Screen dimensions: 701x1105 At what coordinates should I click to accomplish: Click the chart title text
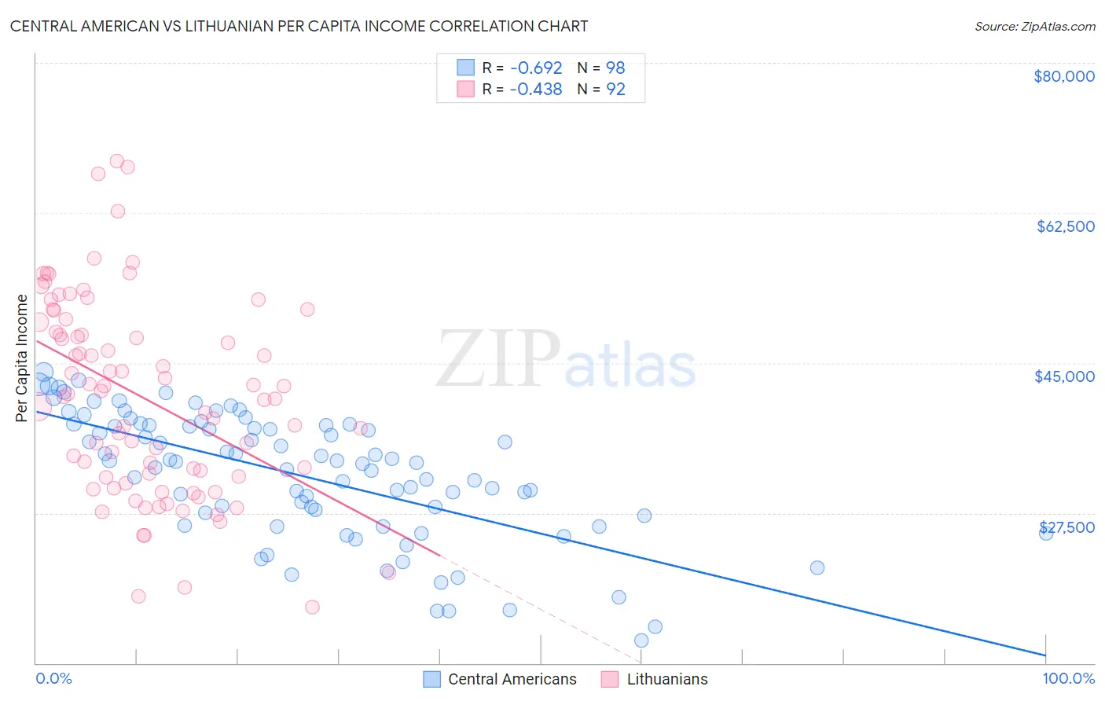[299, 26]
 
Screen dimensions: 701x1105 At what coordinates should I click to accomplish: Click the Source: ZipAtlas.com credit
[1034, 26]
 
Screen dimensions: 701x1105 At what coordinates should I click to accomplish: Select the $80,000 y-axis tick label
[1063, 76]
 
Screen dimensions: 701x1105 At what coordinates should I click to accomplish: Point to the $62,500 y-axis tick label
[1065, 226]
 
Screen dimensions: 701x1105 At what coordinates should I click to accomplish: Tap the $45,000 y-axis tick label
[1064, 376]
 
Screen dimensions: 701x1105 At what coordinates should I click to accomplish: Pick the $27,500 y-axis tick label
[1066, 527]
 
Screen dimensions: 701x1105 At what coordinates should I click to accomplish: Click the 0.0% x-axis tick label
[53, 678]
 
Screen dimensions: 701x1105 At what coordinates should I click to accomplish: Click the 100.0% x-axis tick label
[1068, 678]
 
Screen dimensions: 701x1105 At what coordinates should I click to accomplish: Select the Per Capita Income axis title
[22, 358]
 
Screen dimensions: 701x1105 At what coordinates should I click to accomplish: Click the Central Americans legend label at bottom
[512, 679]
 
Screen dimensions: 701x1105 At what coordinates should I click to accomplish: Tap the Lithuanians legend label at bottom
[666, 679]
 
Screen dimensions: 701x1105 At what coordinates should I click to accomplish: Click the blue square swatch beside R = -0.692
[466, 68]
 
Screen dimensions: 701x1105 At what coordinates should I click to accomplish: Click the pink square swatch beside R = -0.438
[466, 89]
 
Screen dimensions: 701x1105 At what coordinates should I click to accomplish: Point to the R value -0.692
[535, 68]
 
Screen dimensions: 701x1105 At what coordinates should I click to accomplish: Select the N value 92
[615, 89]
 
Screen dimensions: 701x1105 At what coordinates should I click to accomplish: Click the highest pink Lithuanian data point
[117, 161]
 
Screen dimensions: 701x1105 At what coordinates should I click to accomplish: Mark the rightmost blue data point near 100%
[1046, 533]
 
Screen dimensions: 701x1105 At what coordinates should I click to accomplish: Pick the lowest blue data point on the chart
[641, 640]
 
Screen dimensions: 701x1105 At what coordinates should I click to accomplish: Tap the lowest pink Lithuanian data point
[312, 607]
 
